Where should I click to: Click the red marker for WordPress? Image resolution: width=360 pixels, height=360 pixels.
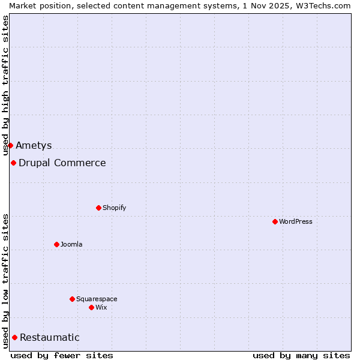point(275,221)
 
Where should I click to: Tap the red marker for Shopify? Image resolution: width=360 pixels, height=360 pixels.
point(98,208)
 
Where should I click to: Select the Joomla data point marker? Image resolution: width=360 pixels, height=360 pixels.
point(56,244)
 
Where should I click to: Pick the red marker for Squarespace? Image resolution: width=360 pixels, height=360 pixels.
point(72,299)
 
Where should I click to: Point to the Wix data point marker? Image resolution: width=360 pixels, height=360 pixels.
point(91,307)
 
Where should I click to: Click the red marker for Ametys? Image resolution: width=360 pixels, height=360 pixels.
point(10,145)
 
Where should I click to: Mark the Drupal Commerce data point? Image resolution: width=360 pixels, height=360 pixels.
point(13,163)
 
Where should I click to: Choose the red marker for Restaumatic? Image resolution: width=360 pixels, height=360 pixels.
point(14,337)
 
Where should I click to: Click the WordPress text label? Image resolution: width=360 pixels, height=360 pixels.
point(296,221)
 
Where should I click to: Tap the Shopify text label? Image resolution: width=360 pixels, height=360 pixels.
point(115,208)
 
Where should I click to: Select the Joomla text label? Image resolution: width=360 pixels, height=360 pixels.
point(71,244)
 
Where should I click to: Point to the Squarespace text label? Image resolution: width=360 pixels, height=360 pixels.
point(97,299)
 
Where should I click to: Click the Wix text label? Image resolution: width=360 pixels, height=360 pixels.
point(101,307)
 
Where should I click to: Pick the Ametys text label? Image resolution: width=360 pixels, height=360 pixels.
point(34,145)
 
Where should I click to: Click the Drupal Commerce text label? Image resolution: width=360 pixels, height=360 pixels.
point(62,163)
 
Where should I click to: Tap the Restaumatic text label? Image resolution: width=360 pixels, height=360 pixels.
point(50,337)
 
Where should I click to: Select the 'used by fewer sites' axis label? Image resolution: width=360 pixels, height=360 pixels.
point(62,355)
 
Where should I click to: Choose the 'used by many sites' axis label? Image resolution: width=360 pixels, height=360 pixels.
point(301,355)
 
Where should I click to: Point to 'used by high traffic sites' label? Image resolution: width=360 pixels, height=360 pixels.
point(6,85)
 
